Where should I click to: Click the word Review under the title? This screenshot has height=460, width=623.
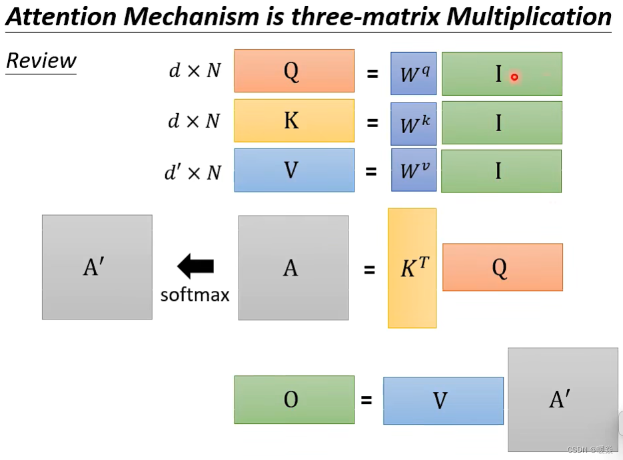41,61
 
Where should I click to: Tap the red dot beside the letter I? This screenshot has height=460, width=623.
514,77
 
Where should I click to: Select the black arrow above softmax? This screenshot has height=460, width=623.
195,267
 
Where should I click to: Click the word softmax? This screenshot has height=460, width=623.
195,294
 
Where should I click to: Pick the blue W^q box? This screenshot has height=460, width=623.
414,74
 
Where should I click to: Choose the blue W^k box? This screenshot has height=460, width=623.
414,123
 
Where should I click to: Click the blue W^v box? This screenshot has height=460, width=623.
414,171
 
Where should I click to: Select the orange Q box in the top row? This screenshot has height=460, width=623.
294,71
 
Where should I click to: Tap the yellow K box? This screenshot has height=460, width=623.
294,120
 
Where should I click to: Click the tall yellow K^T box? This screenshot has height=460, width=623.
412,268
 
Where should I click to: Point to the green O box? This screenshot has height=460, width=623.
294,399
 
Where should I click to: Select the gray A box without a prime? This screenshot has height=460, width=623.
293,268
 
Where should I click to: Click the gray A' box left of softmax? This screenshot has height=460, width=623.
97,267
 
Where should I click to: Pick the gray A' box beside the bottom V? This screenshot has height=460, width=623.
562,399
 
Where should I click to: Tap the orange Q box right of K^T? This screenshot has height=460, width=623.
502,267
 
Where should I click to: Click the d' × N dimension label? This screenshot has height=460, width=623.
193,172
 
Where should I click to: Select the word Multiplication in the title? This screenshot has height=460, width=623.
529,17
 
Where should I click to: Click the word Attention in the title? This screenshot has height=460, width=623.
62,17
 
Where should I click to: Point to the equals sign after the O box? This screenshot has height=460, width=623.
366,400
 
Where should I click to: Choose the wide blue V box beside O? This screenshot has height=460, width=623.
443,401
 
